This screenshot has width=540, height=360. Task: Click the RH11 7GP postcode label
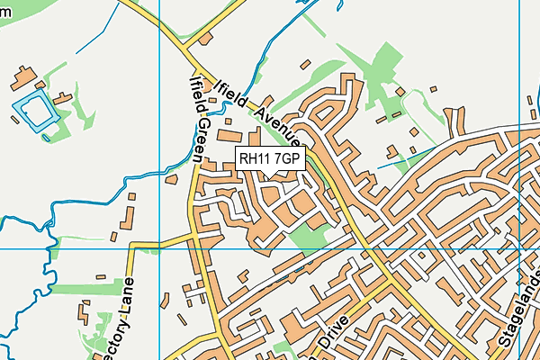(270, 159)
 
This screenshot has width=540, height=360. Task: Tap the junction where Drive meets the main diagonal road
(389, 278)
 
